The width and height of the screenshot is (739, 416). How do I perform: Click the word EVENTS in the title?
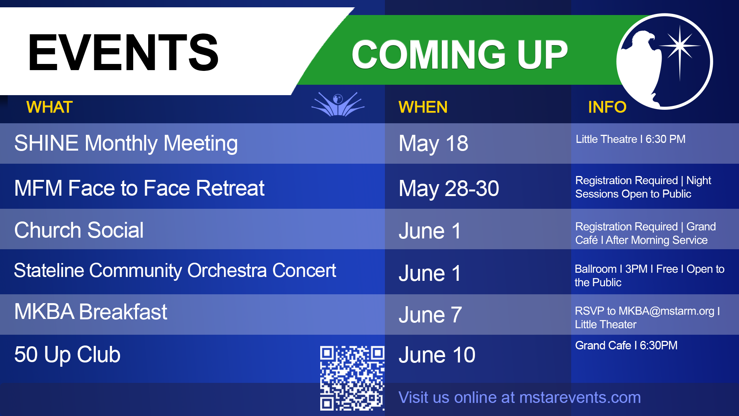click(x=123, y=52)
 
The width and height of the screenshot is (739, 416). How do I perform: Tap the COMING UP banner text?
click(x=460, y=55)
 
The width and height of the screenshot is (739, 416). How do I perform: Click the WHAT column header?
click(x=50, y=107)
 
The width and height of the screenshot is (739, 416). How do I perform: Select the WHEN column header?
click(x=423, y=107)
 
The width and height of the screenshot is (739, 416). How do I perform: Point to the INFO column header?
click(x=607, y=107)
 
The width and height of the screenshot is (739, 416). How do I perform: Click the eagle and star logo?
click(x=665, y=62)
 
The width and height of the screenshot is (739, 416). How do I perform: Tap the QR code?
click(x=352, y=378)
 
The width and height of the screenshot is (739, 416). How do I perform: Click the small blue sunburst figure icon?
click(x=338, y=104)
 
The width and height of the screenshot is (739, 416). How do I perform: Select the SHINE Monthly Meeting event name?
click(x=126, y=144)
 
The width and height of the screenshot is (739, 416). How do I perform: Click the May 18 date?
click(x=433, y=144)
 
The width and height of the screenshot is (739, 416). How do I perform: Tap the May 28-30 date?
click(x=449, y=189)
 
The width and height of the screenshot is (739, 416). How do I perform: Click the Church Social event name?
click(x=79, y=230)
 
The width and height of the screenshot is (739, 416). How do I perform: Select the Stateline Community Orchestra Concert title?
click(x=175, y=270)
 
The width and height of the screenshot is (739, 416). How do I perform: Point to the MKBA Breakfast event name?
click(x=91, y=312)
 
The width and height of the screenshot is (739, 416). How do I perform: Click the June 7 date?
click(x=430, y=315)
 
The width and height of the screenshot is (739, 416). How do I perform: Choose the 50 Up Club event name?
click(x=67, y=355)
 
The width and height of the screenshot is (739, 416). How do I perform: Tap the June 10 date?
click(x=437, y=355)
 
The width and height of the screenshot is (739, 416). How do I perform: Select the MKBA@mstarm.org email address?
click(x=666, y=311)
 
